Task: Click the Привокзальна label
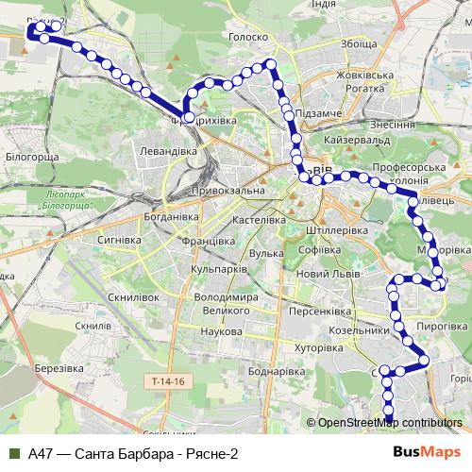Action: coord(198,191)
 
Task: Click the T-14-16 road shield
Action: coord(169,380)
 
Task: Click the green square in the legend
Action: coord(12,453)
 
